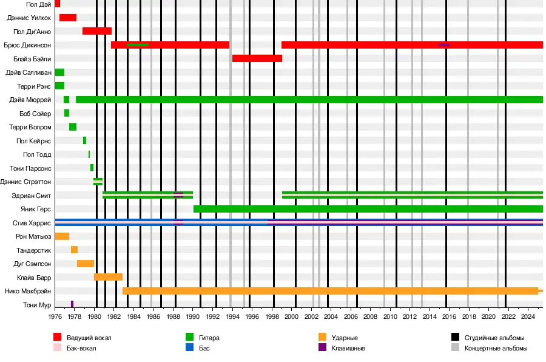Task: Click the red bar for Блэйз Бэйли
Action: click(x=257, y=58)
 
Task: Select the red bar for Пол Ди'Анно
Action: click(x=97, y=31)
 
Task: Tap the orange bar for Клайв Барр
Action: click(x=108, y=277)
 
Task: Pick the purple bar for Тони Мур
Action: click(x=72, y=304)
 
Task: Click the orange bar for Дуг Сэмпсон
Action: click(x=86, y=264)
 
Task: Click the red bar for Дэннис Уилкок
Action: click(x=68, y=18)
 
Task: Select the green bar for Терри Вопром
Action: click(x=73, y=127)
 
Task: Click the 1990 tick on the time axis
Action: click(x=193, y=310)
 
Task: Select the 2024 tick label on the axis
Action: click(x=528, y=316)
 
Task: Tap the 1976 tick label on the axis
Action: click(x=55, y=316)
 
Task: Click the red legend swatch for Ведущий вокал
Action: click(x=58, y=337)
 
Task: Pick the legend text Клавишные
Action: click(x=348, y=348)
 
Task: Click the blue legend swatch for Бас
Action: click(x=190, y=348)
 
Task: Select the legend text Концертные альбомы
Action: click(x=496, y=348)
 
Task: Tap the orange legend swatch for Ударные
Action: click(x=322, y=337)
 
